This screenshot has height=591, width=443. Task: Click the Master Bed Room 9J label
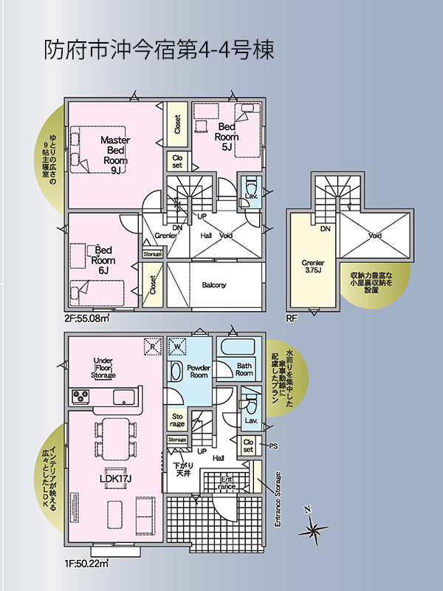pos(115,155)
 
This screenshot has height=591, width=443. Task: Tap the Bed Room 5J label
pos(227,137)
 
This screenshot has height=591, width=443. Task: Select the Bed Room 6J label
pos(103,260)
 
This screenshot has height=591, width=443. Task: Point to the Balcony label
pos(214,285)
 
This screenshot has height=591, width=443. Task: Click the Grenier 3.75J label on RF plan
pos(312,267)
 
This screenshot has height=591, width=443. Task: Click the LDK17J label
pos(115,479)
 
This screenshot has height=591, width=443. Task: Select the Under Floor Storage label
pos(103,368)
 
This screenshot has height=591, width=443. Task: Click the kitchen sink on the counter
pos(124,397)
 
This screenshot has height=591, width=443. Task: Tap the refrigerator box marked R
pos(153,346)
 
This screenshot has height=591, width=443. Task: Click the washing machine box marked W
pos(177,346)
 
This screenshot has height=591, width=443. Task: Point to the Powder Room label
pos(199,372)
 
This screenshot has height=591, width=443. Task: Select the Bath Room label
pos(244,369)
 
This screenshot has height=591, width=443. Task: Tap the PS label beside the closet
pos(273,446)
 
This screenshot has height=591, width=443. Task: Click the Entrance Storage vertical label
pos(278,499)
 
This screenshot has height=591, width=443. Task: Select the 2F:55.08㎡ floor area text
pos(86,318)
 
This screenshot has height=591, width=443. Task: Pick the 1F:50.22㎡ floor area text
pos(86,564)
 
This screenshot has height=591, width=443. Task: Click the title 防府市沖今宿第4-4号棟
pos(159,49)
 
